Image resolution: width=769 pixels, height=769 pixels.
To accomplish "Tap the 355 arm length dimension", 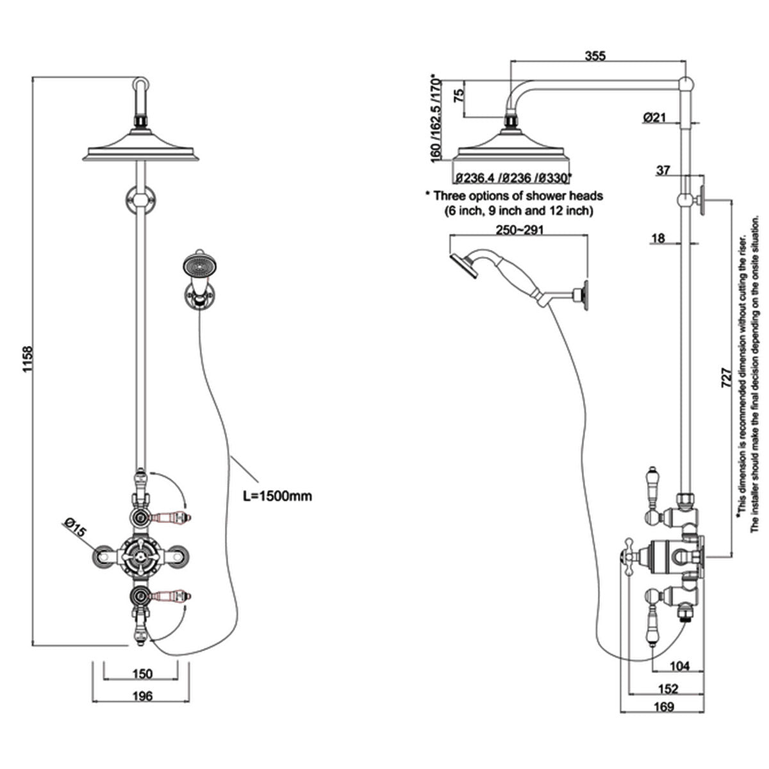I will click(597, 55).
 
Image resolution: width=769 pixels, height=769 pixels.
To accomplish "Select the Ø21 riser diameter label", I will click(655, 117).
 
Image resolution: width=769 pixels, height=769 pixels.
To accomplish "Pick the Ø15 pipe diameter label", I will click(74, 530).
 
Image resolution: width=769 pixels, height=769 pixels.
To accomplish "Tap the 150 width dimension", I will click(142, 674).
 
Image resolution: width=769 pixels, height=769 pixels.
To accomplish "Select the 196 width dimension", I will click(142, 696).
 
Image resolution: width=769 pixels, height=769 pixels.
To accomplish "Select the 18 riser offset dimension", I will click(657, 239).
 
